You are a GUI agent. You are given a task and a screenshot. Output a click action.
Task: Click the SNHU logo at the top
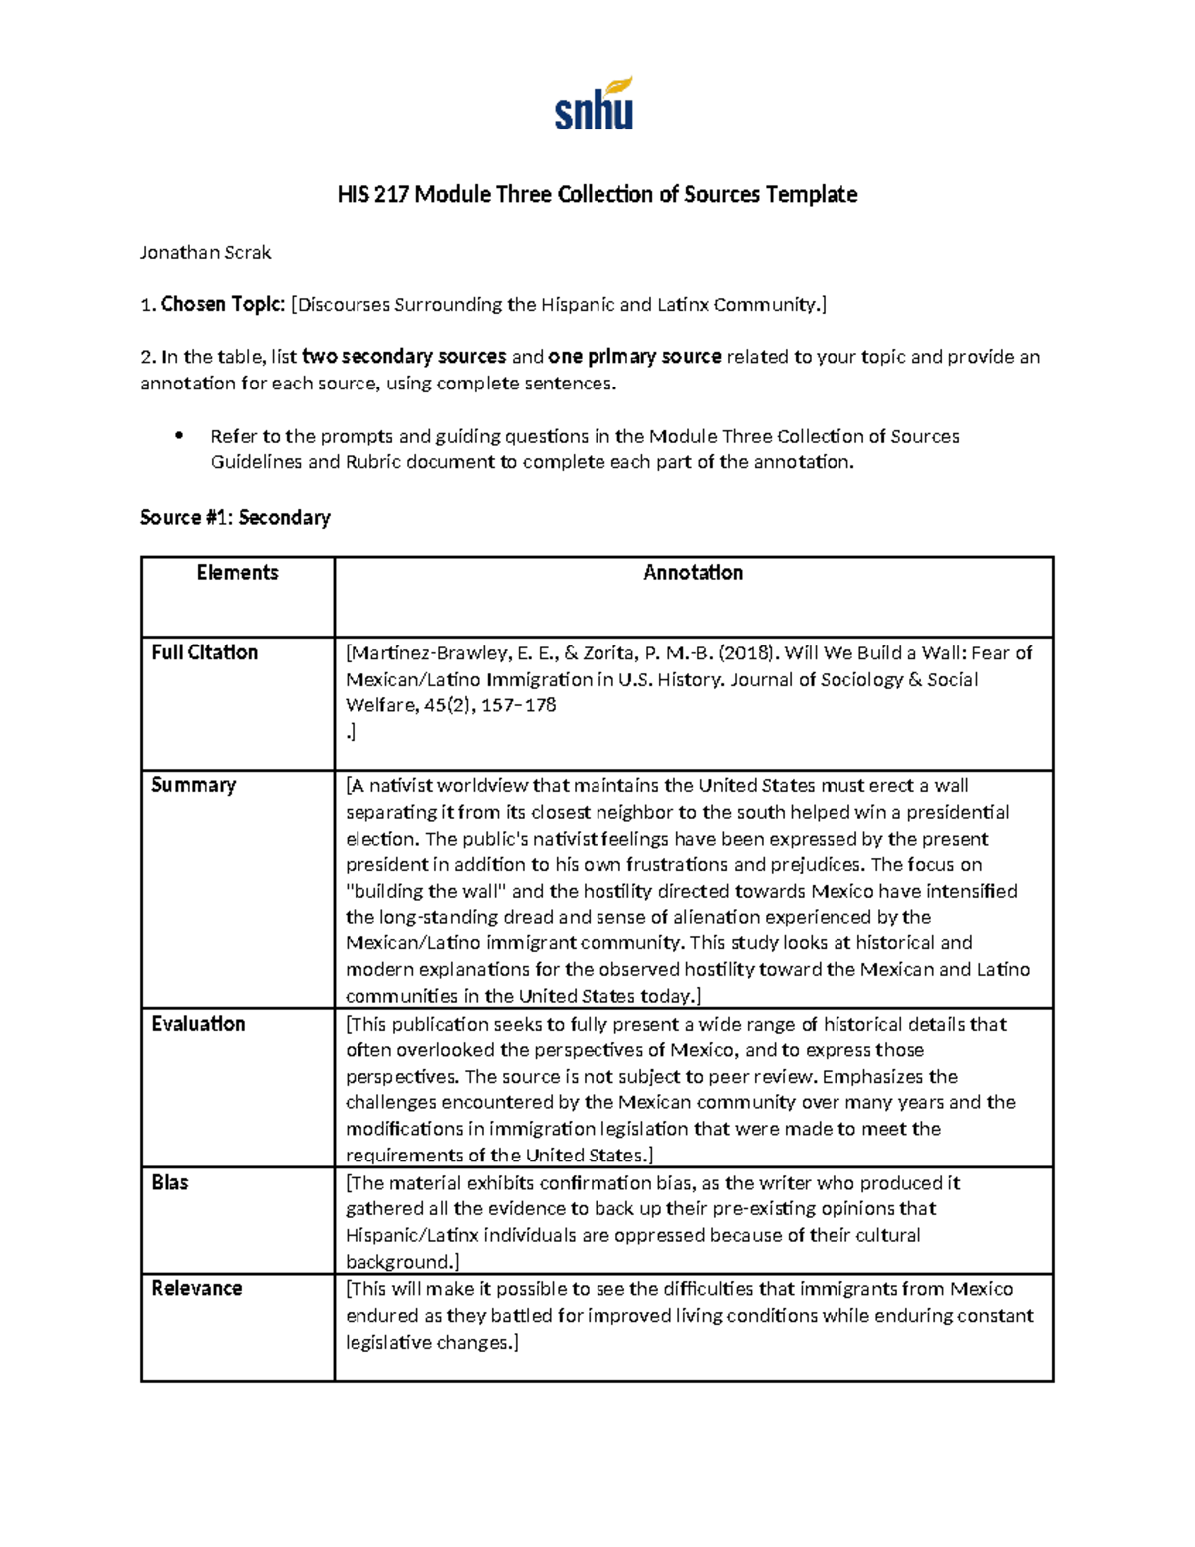coord(595,105)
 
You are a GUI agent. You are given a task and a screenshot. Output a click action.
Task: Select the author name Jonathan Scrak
coord(205,253)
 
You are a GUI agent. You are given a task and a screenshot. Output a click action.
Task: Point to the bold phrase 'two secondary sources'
coord(403,357)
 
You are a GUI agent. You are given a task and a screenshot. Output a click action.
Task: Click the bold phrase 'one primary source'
coord(634,357)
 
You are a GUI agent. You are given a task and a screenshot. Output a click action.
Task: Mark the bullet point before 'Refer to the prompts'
coord(179,436)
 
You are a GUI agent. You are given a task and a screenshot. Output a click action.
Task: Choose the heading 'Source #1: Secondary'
coord(235,517)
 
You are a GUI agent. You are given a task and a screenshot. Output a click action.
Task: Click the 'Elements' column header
coord(237,573)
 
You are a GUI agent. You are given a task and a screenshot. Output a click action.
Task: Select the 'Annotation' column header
coord(693,573)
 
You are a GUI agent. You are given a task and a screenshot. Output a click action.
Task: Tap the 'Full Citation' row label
coord(204,652)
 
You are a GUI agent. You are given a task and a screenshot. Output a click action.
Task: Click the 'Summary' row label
coord(193,785)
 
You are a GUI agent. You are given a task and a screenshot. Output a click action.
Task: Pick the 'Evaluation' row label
coord(198,1024)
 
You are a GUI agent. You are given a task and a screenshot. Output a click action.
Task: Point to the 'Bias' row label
coord(170,1182)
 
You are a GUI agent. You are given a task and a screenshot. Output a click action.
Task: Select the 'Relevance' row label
coord(196,1288)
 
